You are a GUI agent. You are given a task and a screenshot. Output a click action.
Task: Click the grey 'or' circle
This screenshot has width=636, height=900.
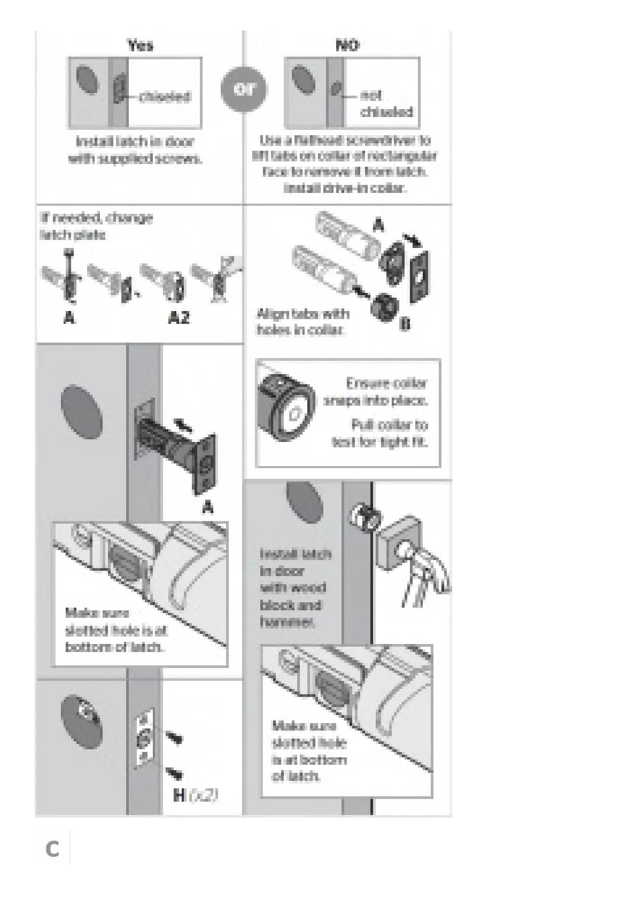(243, 90)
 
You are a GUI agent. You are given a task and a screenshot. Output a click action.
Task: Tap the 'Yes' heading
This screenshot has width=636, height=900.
(141, 45)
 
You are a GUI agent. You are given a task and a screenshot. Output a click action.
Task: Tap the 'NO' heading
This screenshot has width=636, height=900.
(347, 45)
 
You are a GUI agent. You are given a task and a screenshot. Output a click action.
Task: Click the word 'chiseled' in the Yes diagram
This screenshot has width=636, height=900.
(165, 97)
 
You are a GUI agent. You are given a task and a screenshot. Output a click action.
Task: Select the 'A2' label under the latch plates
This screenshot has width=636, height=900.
(179, 318)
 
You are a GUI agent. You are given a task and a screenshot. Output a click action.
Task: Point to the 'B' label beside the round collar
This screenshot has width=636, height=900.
(405, 324)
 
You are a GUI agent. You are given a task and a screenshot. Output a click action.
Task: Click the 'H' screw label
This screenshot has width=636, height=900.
(180, 795)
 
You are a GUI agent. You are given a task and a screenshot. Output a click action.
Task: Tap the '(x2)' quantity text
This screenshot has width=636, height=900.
(204, 795)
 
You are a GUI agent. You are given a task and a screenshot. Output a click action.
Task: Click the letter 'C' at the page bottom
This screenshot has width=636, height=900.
(52, 849)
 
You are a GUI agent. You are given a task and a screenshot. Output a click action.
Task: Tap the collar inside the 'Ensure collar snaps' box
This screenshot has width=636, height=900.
(285, 412)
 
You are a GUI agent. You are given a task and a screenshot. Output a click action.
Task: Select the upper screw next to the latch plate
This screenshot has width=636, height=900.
(174, 738)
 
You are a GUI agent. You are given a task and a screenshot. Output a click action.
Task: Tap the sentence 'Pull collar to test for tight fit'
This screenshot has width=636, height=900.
(381, 433)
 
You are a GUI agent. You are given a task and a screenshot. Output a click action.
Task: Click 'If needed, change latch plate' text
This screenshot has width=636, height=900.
(96, 226)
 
